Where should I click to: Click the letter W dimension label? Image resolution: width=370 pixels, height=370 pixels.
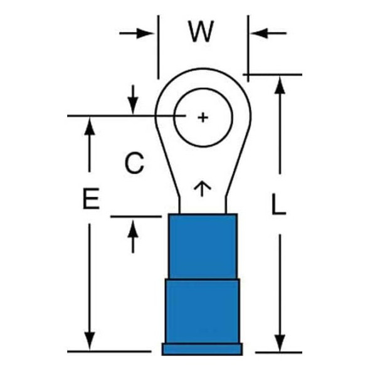click(x=201, y=31)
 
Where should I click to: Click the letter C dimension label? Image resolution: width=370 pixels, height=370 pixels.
click(x=134, y=163)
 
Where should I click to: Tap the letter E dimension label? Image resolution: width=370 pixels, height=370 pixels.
click(x=91, y=198)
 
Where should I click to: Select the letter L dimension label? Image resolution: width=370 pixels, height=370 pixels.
click(x=278, y=204)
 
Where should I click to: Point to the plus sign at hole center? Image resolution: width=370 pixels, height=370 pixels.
click(x=203, y=117)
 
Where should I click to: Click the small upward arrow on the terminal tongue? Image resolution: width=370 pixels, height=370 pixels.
click(x=202, y=189)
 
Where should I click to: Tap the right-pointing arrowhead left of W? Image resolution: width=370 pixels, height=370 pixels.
click(x=145, y=33)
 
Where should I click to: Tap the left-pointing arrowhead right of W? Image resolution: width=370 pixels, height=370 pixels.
click(x=260, y=33)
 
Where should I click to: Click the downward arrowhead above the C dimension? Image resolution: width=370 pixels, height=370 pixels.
click(x=133, y=106)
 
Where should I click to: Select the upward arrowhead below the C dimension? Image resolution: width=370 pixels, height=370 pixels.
click(x=133, y=229)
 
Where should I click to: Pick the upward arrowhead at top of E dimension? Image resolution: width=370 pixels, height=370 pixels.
click(x=90, y=126)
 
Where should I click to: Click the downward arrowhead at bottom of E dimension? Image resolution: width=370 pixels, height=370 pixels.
click(x=90, y=341)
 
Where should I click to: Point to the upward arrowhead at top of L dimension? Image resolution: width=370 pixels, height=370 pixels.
click(x=280, y=85)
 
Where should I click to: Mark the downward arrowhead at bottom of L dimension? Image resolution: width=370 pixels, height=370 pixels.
click(x=280, y=343)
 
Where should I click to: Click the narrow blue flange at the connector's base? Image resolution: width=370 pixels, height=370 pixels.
click(x=202, y=349)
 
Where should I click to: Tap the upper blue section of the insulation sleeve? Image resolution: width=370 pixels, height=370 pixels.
click(x=203, y=246)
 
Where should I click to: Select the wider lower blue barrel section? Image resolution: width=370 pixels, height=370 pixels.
click(x=203, y=311)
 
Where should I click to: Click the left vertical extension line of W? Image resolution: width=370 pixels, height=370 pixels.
click(x=158, y=47)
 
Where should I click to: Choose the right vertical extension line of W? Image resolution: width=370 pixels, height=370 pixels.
click(x=248, y=49)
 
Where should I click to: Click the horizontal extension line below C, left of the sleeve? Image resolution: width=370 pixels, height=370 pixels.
click(x=136, y=216)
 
